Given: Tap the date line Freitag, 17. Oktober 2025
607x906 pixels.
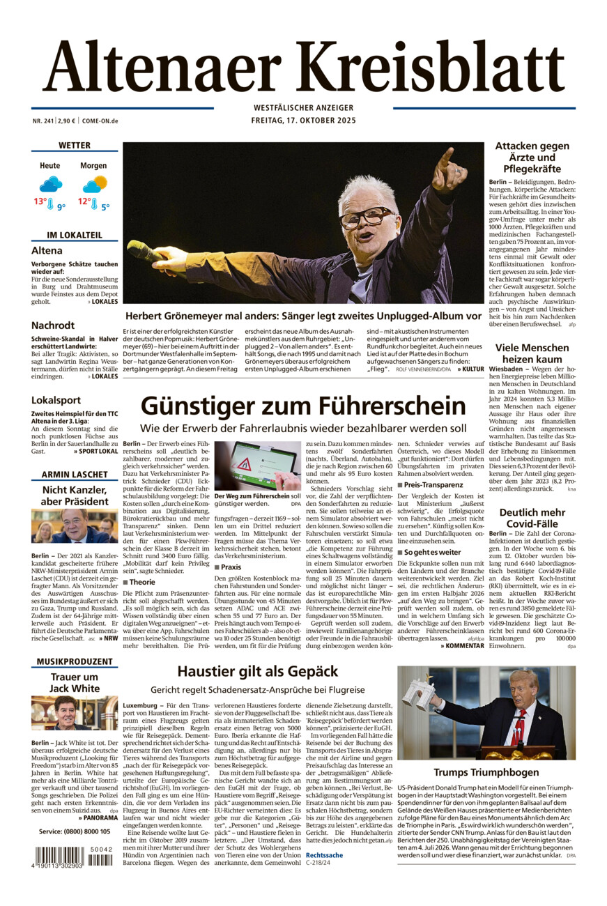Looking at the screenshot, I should (303, 120).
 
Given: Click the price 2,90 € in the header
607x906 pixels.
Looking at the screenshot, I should (66, 121).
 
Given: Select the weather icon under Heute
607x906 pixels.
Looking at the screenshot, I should (50, 184).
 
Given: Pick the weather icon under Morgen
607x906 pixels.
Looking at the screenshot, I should (94, 184).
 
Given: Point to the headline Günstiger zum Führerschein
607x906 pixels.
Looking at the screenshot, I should (303, 406).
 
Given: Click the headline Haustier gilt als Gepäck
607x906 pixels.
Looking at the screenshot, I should (257, 672).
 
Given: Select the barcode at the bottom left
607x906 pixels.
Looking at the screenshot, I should (59, 855).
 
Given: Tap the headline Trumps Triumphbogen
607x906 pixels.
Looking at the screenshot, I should (486, 772).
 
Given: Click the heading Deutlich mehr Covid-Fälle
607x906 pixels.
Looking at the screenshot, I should (532, 519).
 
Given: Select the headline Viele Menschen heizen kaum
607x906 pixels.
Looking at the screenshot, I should (532, 353).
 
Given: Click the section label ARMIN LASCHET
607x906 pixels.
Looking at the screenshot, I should (75, 475).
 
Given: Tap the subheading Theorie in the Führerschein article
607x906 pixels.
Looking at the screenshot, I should (142, 582).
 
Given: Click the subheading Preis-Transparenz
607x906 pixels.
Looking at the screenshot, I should (433, 484).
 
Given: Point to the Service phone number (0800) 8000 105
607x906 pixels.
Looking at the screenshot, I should (75, 831).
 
